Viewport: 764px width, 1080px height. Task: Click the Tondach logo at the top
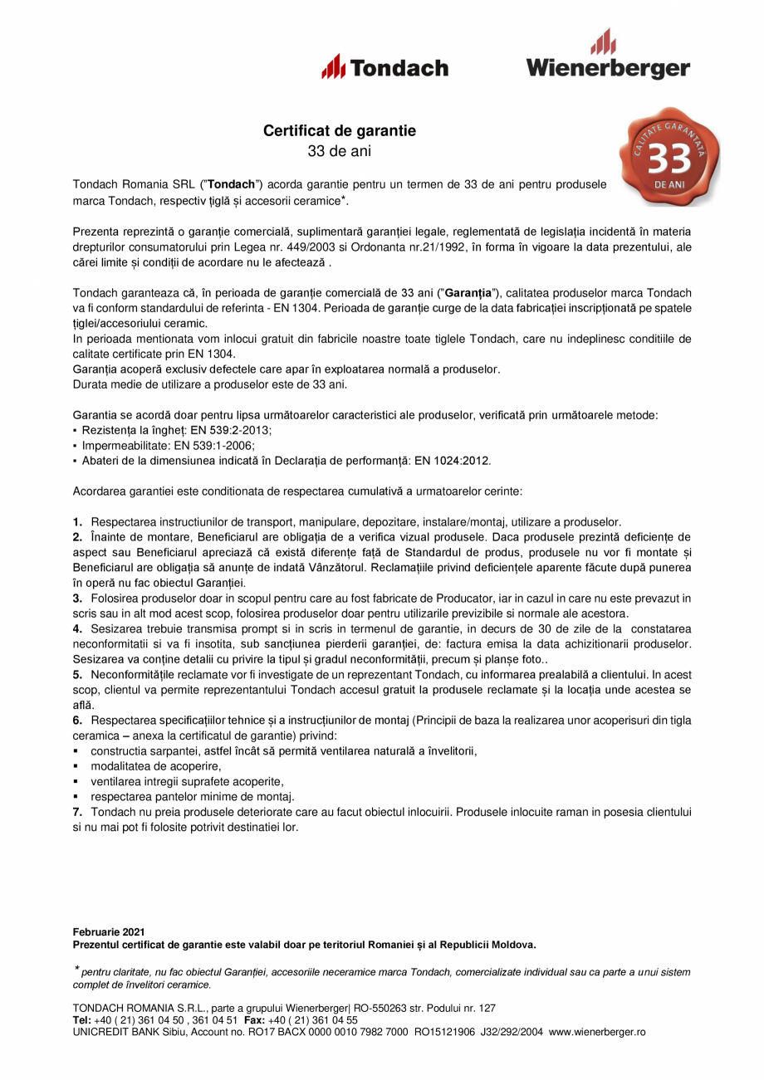click(x=384, y=66)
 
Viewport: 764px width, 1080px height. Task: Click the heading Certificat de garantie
click(x=340, y=131)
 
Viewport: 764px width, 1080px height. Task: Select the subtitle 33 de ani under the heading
click(x=340, y=151)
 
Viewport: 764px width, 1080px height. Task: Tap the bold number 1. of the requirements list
click(x=77, y=522)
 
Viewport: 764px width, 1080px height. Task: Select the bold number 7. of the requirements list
click(x=77, y=811)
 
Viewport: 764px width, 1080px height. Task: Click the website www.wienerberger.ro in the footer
click(x=597, y=1032)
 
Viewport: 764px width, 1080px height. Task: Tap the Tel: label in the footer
click(x=81, y=1020)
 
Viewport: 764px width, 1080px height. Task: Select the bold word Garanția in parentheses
click(x=470, y=293)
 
